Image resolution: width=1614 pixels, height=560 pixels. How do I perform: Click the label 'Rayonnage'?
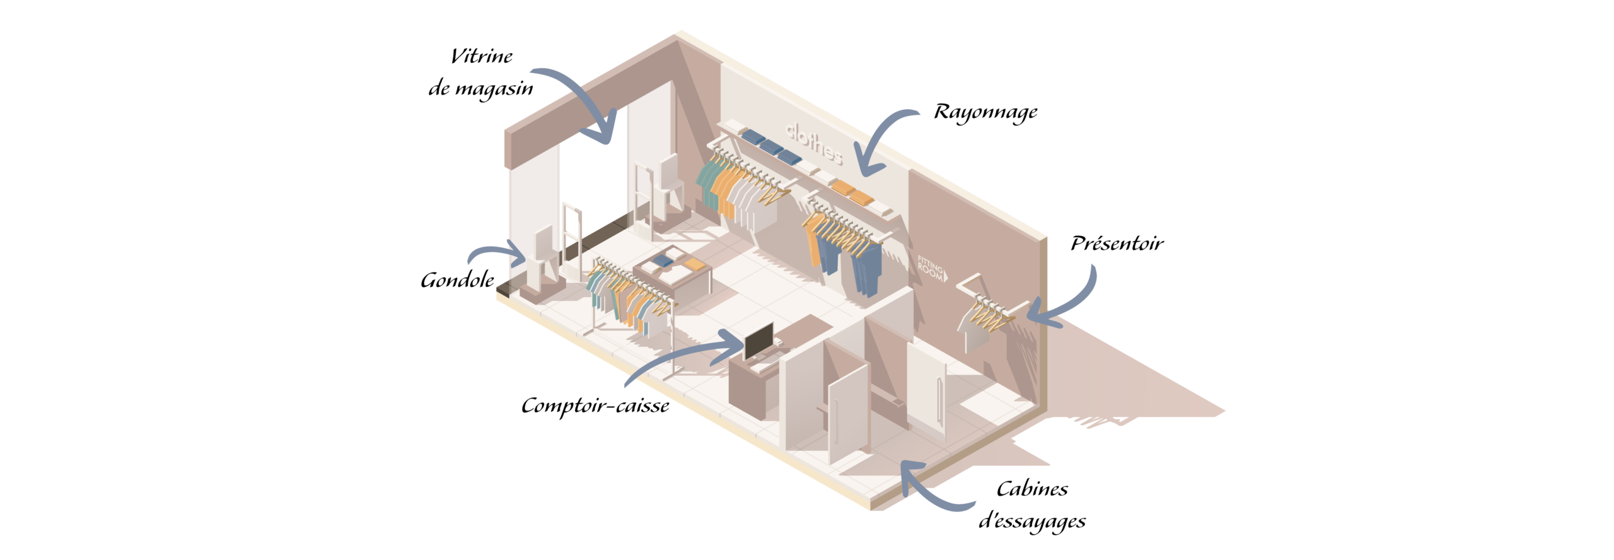[x=985, y=112]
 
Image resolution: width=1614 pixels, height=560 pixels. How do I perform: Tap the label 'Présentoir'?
[x=1117, y=243]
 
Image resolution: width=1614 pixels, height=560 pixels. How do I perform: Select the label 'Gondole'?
[x=457, y=280]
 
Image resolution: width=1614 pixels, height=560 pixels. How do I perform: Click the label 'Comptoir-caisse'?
[x=595, y=405]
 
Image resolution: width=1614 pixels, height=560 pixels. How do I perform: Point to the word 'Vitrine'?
[x=482, y=56]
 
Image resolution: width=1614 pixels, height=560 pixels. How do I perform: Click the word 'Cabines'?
[x=1032, y=489]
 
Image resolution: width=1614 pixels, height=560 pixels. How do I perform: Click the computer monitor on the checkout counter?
[x=759, y=341]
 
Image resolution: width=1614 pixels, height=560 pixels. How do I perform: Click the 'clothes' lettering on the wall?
[x=814, y=143]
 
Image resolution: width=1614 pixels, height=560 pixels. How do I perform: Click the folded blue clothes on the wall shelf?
[x=771, y=146]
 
